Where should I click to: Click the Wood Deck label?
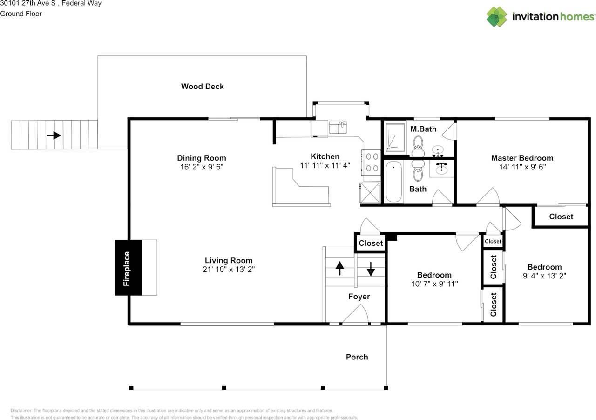(x=203, y=87)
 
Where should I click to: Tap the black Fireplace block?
(x=128, y=267)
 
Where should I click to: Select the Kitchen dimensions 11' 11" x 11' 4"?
(x=325, y=166)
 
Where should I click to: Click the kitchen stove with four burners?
(x=371, y=163)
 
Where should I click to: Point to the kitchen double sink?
(x=338, y=127)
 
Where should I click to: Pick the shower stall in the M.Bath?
(x=395, y=137)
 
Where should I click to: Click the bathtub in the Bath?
(x=393, y=182)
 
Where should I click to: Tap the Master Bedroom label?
(x=522, y=158)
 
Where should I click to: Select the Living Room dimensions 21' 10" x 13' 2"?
(x=229, y=269)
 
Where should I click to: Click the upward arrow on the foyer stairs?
(x=339, y=268)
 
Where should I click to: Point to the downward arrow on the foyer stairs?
(x=371, y=269)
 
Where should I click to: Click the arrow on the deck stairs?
(x=54, y=135)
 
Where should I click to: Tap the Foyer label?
(x=359, y=297)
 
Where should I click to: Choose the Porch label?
(x=357, y=357)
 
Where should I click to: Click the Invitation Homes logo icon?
(x=497, y=17)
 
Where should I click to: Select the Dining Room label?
(x=202, y=158)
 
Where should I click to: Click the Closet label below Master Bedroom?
(x=561, y=217)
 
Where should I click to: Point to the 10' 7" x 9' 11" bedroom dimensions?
(x=434, y=284)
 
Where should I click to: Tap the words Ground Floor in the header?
(x=21, y=14)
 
